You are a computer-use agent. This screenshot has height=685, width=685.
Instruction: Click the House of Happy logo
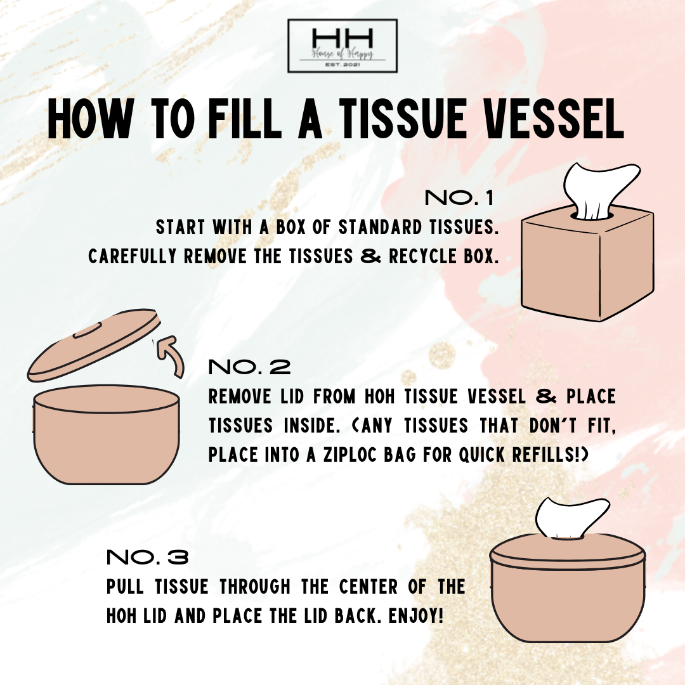pos(342,46)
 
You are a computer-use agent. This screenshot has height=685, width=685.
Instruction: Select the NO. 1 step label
pos(459,198)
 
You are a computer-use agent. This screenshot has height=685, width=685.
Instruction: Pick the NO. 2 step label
pos(249,367)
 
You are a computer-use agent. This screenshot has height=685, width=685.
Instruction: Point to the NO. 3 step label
pos(148,557)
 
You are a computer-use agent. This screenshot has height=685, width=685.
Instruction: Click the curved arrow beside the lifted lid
pos(171,354)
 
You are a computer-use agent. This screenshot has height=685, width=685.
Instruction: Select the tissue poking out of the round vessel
pos(571,518)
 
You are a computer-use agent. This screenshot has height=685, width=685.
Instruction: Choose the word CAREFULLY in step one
pos(132,256)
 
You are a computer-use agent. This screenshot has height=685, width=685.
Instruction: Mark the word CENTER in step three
pos(369,587)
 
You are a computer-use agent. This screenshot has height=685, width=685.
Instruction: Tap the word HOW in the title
pos(89,118)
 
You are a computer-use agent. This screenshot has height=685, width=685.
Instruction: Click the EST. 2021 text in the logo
pos(342,65)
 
